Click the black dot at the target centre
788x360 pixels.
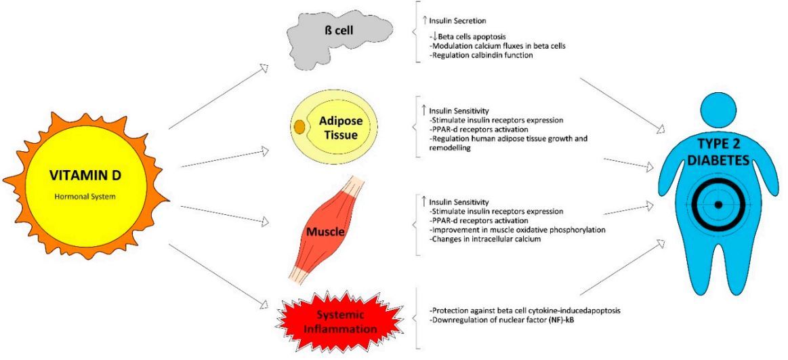pyautogui.click(x=719, y=204)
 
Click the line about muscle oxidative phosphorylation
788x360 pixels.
pyautogui.click(x=517, y=230)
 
